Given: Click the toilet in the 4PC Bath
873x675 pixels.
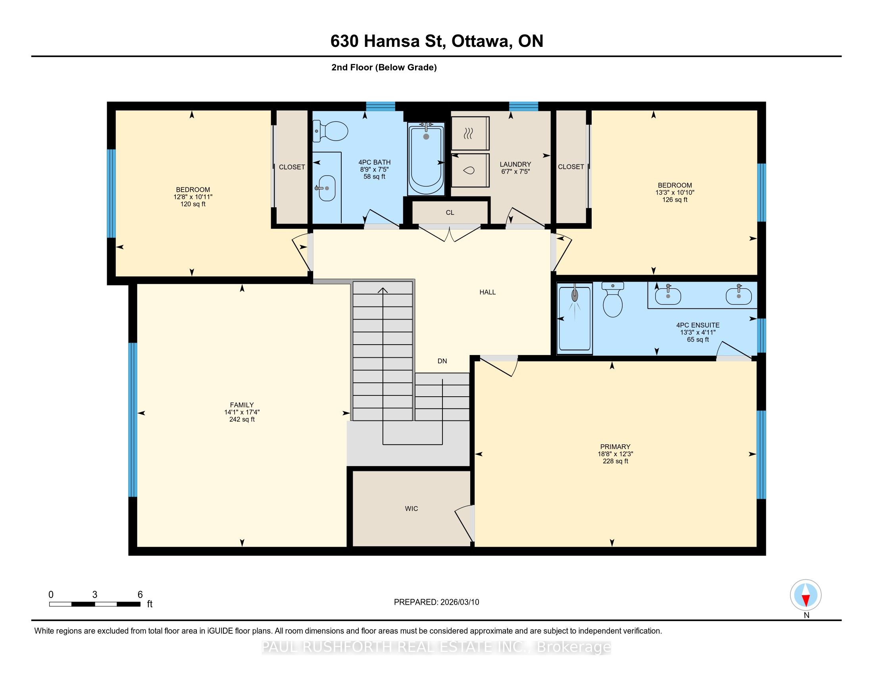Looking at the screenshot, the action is tap(331, 131).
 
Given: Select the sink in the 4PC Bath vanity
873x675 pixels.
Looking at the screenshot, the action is tap(327, 188).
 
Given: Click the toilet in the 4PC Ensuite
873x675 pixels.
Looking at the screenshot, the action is tap(612, 300).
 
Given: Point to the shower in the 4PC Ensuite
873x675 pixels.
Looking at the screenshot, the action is tap(575, 318).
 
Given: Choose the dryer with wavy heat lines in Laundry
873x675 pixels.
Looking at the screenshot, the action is tap(470, 133).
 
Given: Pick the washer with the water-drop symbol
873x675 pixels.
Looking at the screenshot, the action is tap(470, 170).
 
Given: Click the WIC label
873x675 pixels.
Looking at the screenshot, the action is tap(412, 509).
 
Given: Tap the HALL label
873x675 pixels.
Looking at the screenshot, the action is tap(488, 292).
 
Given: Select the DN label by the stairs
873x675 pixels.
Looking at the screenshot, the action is tap(442, 361).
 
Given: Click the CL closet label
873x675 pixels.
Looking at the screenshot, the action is tap(450, 213).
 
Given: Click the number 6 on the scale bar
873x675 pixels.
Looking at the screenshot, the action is tap(140, 595).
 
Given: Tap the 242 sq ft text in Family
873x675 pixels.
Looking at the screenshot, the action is tap(242, 419).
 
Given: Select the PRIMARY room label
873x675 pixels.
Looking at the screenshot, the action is tap(615, 447).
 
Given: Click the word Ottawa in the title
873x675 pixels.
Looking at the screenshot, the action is tap(482, 41).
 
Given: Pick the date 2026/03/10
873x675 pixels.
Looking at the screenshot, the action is tap(459, 602).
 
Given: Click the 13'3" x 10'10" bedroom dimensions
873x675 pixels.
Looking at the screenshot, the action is tap(675, 192).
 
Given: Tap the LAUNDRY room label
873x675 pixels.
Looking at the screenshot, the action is tap(515, 164).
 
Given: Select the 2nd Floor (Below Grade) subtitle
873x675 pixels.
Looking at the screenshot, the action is tap(384, 67).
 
